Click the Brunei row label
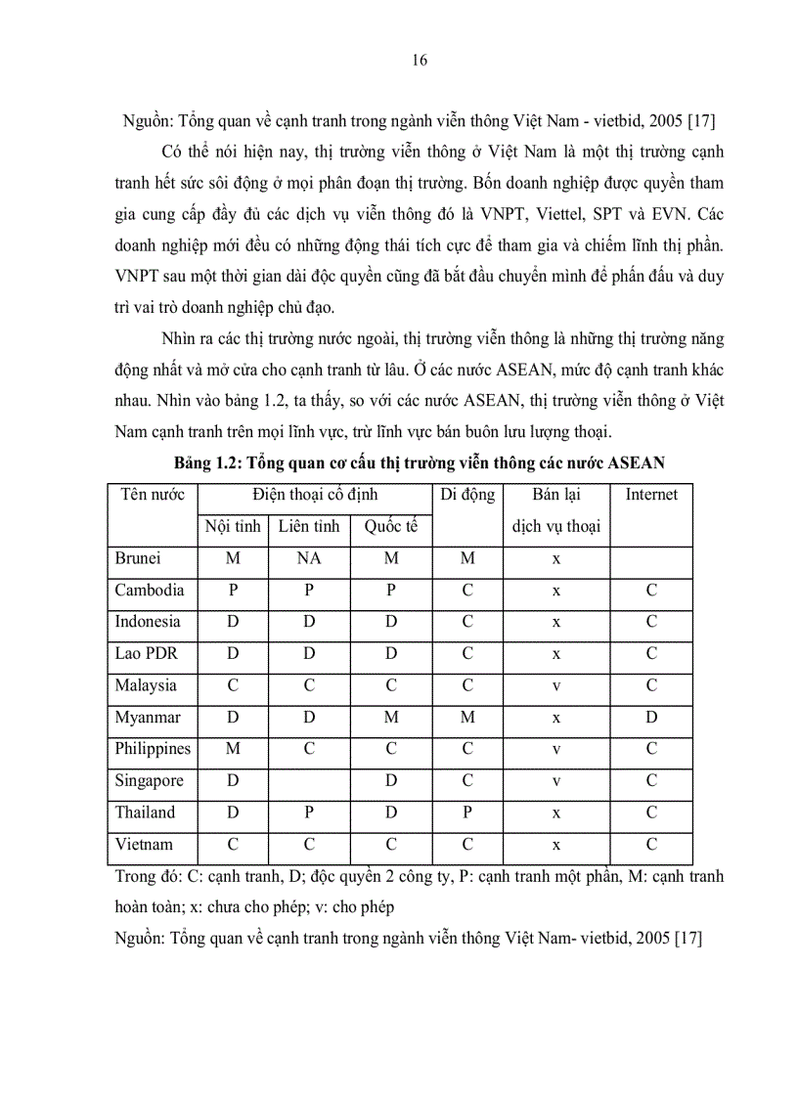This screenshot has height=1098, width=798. point(138,559)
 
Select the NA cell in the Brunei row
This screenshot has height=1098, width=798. point(309,559)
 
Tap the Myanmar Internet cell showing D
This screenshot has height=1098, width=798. point(651,718)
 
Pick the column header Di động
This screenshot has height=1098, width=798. point(467,495)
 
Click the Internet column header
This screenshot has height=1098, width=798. point(651,495)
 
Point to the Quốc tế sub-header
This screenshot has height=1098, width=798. point(391,527)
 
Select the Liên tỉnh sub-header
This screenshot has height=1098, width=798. point(309,527)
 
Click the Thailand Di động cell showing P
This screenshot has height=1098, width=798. point(467,813)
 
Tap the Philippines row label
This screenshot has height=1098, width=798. point(153,750)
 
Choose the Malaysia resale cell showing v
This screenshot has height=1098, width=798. point(555,686)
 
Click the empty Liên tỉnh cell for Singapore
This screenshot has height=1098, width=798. point(309,781)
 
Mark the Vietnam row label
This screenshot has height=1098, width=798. point(144,845)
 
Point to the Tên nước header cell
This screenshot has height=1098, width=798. point(153,495)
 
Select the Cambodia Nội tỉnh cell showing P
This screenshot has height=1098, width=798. point(233,591)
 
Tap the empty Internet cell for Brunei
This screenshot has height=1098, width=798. point(651,559)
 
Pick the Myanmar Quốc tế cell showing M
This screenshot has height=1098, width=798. point(391,718)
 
